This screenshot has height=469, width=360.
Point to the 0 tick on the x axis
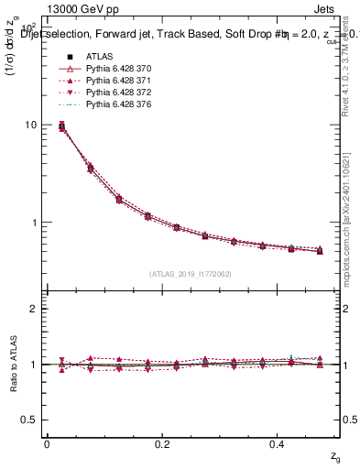click(x=47, y=444)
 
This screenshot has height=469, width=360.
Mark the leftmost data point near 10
click(x=61, y=126)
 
